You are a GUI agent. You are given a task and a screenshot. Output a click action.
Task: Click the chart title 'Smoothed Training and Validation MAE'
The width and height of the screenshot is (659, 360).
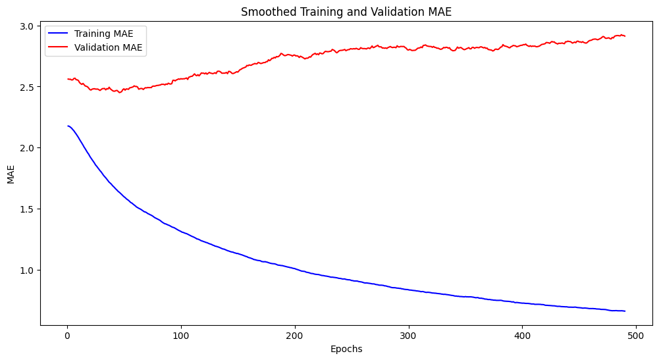point(346,12)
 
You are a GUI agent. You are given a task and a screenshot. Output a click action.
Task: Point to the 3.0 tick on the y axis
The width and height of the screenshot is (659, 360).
point(28,26)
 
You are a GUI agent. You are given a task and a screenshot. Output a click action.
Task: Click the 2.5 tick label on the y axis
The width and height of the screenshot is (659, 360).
point(28,87)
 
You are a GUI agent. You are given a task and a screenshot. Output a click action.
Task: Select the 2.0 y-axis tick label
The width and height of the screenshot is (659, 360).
point(28,148)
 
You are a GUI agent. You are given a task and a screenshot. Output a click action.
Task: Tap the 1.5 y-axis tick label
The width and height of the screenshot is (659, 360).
point(28,209)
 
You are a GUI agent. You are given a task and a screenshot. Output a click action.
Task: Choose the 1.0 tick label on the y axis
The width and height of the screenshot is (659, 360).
point(28,270)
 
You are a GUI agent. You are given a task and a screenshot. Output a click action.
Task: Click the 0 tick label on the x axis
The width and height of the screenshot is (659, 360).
point(67,336)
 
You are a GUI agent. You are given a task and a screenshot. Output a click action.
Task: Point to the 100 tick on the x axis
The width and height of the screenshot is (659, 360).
point(181,336)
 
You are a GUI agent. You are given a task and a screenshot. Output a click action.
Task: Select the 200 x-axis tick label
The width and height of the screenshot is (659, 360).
point(295,336)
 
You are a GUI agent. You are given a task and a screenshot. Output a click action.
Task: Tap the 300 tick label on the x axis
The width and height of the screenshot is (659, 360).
point(409,336)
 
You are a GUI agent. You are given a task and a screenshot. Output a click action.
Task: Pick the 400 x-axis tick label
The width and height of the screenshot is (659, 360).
point(522,336)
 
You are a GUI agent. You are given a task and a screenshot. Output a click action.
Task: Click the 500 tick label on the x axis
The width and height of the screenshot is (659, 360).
point(636,336)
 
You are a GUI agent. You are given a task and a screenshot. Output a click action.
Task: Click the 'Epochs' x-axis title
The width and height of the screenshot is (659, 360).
point(346,349)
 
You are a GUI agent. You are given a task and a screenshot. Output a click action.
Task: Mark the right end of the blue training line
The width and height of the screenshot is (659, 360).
point(625,311)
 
